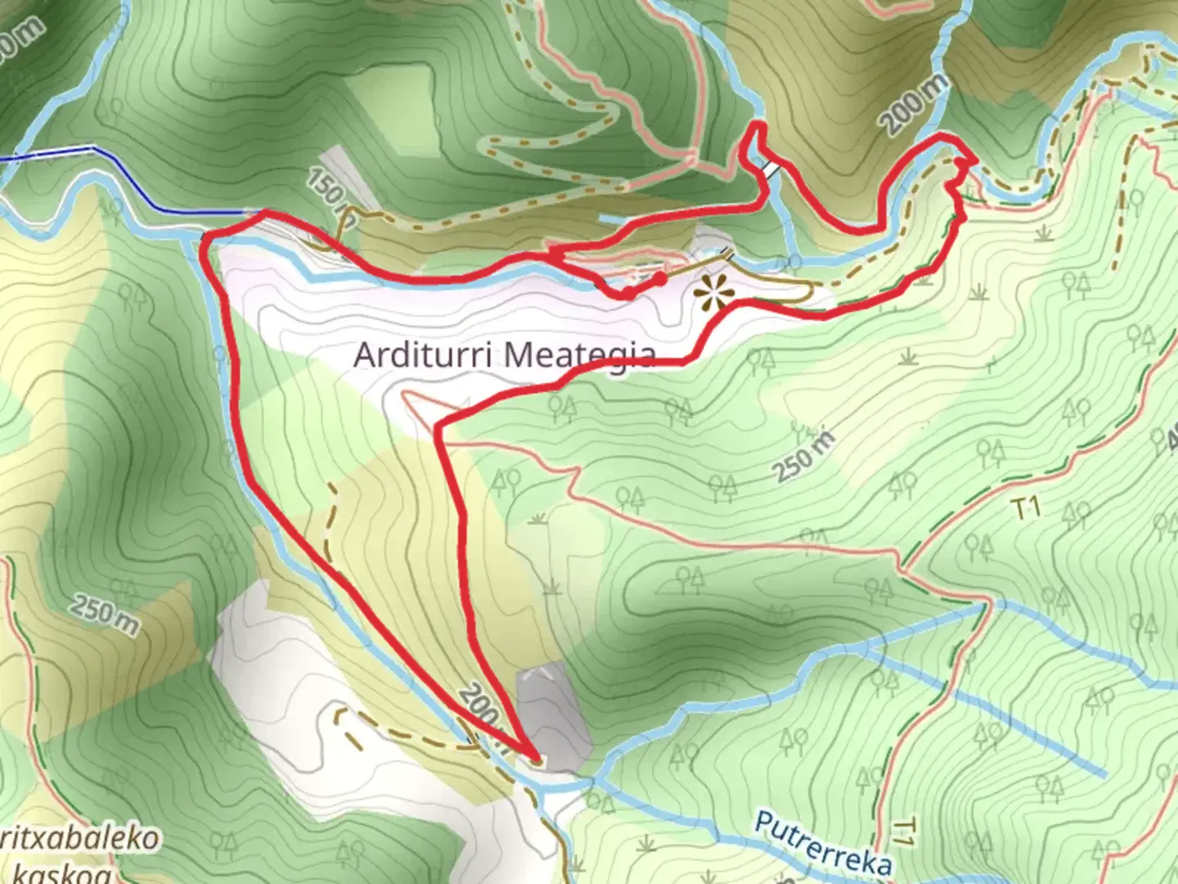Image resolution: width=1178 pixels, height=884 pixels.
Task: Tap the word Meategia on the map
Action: [x=579, y=355]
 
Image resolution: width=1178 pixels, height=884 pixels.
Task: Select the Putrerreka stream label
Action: [x=822, y=843]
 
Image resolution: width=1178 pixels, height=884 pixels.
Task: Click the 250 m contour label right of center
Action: [x=805, y=456]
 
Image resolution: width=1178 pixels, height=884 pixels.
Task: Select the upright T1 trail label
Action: [x=1027, y=508]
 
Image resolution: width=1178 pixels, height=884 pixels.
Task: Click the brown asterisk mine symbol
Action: [x=712, y=291]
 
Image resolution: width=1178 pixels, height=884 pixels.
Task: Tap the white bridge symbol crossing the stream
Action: [x=770, y=168]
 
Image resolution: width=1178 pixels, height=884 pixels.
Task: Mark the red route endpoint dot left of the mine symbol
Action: [x=659, y=279]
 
